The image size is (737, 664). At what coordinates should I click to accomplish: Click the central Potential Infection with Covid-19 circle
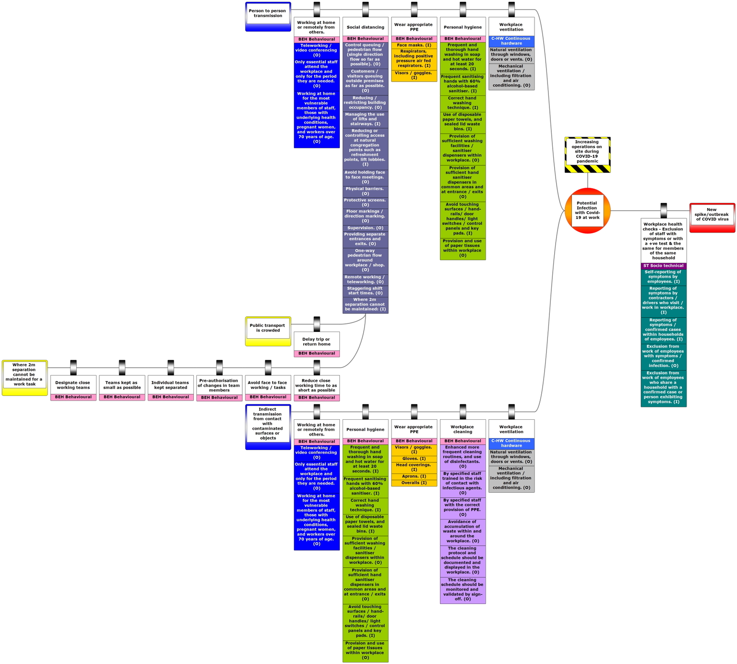pyautogui.click(x=587, y=211)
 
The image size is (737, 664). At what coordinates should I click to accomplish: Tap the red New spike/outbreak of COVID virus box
pyautogui.click(x=712, y=217)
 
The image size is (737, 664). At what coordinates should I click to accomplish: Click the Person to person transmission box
pyautogui.click(x=268, y=16)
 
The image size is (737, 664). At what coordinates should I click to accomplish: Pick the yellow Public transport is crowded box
pyautogui.click(x=268, y=331)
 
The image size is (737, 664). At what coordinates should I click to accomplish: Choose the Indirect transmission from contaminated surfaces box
pyautogui.click(x=268, y=426)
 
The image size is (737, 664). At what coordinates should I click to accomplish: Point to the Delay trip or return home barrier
pyautogui.click(x=317, y=342)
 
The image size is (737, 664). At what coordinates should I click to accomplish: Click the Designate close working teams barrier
pyautogui.click(x=73, y=385)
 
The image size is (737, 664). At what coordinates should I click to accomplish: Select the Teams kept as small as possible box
pyautogui.click(x=122, y=385)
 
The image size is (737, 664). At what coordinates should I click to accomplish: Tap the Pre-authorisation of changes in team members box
pyautogui.click(x=219, y=385)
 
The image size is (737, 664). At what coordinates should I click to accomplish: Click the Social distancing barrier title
pyautogui.click(x=365, y=27)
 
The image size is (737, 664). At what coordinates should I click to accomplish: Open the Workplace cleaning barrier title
pyautogui.click(x=463, y=429)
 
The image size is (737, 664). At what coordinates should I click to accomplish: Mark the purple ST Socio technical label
pyautogui.click(x=663, y=266)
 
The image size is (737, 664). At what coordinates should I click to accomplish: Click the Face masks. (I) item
pyautogui.click(x=414, y=45)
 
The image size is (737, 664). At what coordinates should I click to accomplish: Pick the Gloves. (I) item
pyautogui.click(x=414, y=459)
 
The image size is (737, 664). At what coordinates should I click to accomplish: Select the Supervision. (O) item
pyautogui.click(x=365, y=228)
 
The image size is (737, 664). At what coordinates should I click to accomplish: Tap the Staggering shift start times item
pyautogui.click(x=365, y=291)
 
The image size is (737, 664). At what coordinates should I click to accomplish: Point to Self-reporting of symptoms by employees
pyautogui.click(x=663, y=277)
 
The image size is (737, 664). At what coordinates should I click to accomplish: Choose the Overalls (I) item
pyautogui.click(x=414, y=483)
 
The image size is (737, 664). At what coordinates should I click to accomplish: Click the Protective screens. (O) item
pyautogui.click(x=365, y=202)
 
